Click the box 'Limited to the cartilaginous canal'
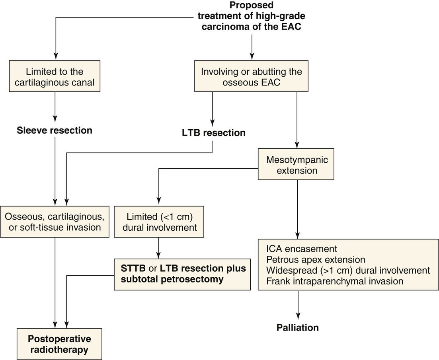click(55, 77)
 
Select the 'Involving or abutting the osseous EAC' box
click(251, 77)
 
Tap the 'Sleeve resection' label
click(55, 130)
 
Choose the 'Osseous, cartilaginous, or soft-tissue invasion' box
click(55, 222)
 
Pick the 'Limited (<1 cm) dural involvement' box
click(159, 222)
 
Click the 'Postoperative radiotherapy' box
click(59, 344)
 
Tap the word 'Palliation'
click(298, 328)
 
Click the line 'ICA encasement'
click(301, 249)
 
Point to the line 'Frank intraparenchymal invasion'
click(334, 281)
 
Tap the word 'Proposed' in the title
click(251, 6)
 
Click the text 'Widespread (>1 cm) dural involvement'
click(347, 270)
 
